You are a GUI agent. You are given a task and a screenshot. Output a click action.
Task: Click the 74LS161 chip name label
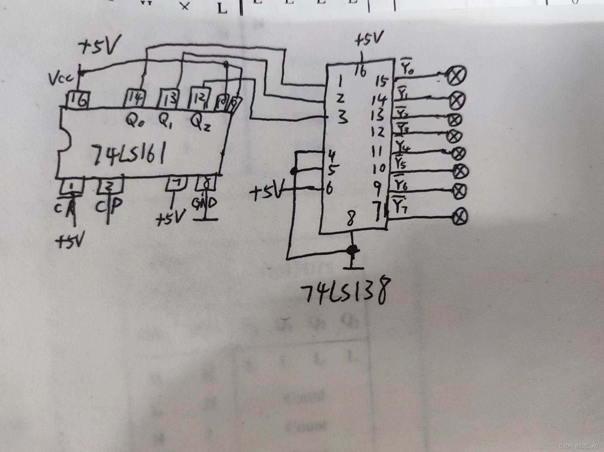[x=129, y=155]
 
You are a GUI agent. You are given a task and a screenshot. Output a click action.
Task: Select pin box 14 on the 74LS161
[x=135, y=99]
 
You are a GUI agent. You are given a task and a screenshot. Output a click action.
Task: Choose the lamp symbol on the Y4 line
[x=459, y=153]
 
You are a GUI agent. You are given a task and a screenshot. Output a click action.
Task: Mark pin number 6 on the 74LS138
[x=329, y=189]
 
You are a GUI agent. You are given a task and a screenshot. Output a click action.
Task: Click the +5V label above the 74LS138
[x=369, y=40]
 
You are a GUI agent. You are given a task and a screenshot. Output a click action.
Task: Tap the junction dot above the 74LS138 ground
[x=352, y=250]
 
